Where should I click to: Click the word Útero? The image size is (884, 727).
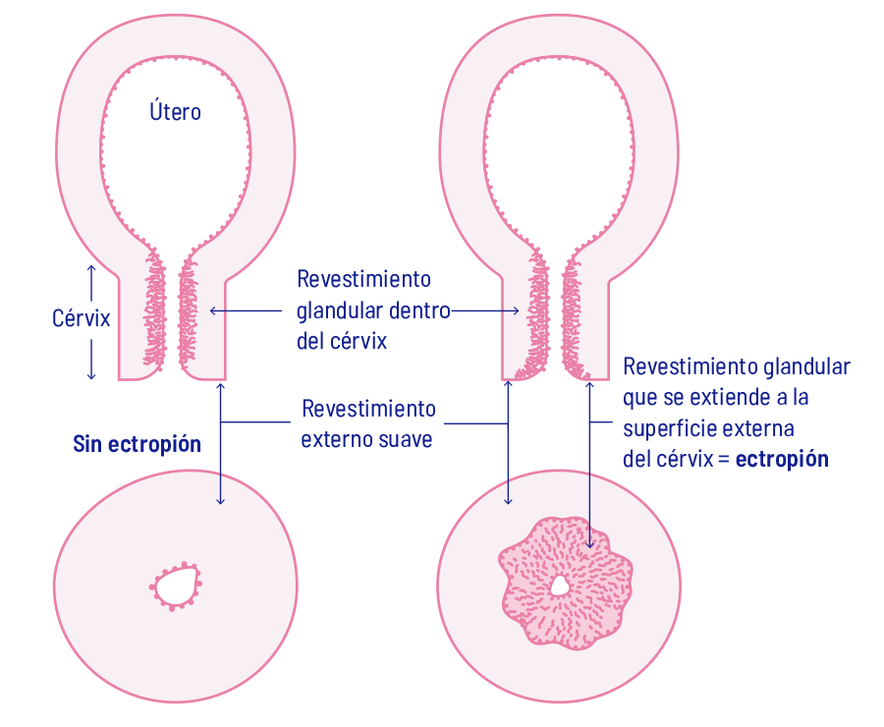(x=175, y=112)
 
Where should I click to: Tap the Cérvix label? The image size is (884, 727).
(x=80, y=318)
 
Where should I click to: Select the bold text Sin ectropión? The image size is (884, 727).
(x=137, y=444)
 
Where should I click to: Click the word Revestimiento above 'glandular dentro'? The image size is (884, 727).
(x=363, y=279)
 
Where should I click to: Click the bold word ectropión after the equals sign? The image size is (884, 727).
(x=782, y=459)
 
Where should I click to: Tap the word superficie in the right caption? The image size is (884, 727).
(x=671, y=429)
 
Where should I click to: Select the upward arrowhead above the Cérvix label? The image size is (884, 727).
(x=91, y=268)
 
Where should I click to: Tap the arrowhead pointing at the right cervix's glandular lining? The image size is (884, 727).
(x=516, y=310)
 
